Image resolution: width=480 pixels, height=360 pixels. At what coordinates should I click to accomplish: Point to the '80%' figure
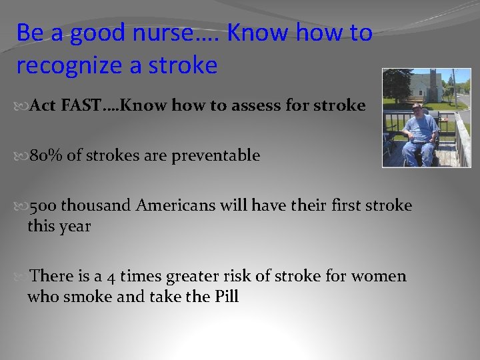point(45,155)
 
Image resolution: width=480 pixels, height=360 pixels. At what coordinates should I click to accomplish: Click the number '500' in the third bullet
point(44,205)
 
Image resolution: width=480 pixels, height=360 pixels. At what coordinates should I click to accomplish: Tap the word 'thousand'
point(99,205)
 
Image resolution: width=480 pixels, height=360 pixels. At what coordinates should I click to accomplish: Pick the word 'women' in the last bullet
point(379,276)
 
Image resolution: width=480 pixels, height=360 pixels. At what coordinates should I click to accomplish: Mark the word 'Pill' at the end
point(226,297)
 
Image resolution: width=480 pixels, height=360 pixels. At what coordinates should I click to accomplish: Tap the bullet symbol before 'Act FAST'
point(21,106)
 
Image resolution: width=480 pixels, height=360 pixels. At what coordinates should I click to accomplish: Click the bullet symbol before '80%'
point(21,156)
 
